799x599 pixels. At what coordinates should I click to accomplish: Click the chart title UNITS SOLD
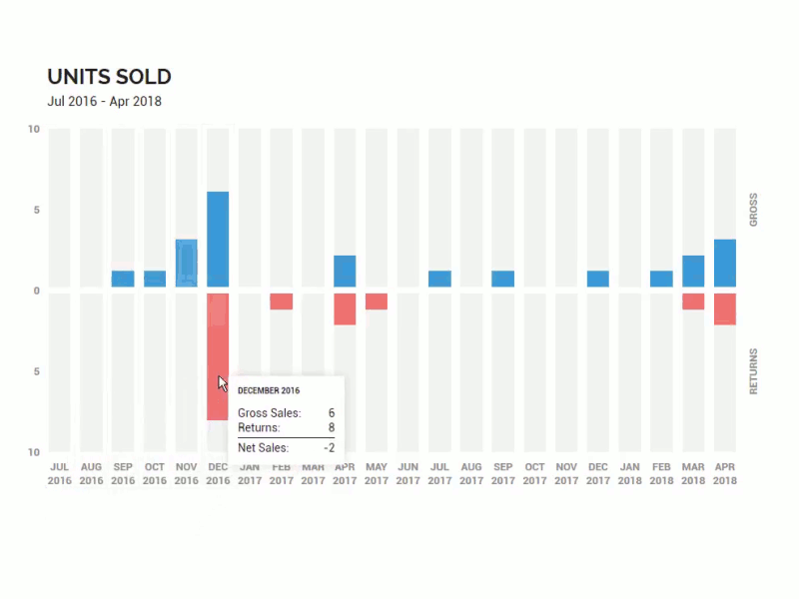pyautogui.click(x=109, y=77)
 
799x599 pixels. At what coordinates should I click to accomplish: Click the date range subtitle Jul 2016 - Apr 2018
pyautogui.click(x=104, y=101)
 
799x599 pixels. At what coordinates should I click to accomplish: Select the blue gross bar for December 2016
pyautogui.click(x=218, y=239)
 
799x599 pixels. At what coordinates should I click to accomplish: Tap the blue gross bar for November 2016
pyautogui.click(x=186, y=263)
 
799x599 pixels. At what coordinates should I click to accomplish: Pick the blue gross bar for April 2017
pyautogui.click(x=345, y=271)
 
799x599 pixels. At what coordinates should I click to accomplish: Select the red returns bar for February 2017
pyautogui.click(x=281, y=300)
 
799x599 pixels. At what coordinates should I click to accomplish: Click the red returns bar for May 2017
pyautogui.click(x=377, y=300)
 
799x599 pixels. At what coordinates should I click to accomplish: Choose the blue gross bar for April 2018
pyautogui.click(x=725, y=263)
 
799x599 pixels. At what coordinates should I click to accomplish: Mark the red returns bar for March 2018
pyautogui.click(x=693, y=300)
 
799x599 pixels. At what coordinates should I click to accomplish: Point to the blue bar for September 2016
pyautogui.click(x=123, y=279)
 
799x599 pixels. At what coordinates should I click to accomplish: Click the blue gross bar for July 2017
pyautogui.click(x=439, y=279)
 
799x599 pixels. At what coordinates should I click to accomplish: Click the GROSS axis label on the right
pyautogui.click(x=753, y=210)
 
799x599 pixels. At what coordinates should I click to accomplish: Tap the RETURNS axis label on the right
pyautogui.click(x=753, y=371)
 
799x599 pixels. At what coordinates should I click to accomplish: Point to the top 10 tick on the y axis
pyautogui.click(x=34, y=129)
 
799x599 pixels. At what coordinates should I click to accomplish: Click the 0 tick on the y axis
pyautogui.click(x=36, y=291)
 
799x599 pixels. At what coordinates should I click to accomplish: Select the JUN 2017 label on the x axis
pyautogui.click(x=407, y=473)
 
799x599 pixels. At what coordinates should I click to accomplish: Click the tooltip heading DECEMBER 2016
pyautogui.click(x=269, y=390)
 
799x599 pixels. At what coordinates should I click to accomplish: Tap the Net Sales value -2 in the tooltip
pyautogui.click(x=329, y=448)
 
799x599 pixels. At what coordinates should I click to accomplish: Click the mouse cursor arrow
pyautogui.click(x=223, y=383)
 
